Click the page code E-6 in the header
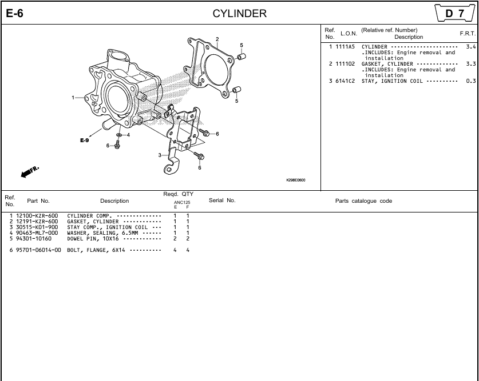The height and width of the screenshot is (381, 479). [15, 13]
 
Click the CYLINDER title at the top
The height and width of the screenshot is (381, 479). [239, 13]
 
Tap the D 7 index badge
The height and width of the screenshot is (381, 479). [455, 13]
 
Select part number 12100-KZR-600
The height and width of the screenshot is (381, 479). [37, 216]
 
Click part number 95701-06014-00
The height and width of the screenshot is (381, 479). [38, 250]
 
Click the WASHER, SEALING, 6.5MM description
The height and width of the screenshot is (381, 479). [102, 233]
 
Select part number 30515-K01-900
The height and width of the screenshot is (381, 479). [37, 227]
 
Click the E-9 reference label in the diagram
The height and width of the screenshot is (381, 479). [85, 140]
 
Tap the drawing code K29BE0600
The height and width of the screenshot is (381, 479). [296, 180]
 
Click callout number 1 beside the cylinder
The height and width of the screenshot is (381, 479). [73, 98]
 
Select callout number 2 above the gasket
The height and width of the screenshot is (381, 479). [217, 39]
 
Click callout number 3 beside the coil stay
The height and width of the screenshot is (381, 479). [160, 155]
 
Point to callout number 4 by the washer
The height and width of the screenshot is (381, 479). [128, 135]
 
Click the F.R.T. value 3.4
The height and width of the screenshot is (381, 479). [471, 47]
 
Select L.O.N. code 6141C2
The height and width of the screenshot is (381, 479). [345, 81]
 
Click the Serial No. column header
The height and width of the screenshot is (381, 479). [222, 200]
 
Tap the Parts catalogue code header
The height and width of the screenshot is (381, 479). [363, 201]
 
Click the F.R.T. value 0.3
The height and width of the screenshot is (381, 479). [471, 81]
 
